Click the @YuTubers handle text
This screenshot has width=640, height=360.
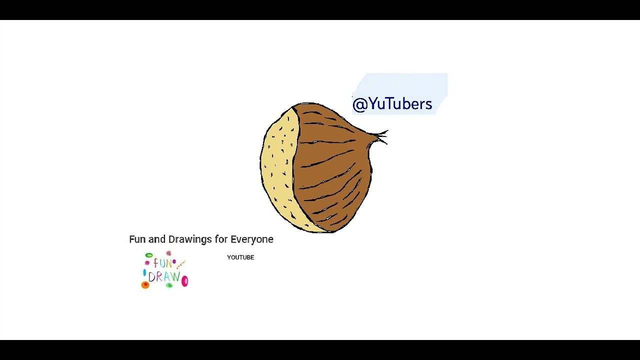click(x=392, y=104)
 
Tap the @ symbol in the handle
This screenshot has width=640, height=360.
click(x=359, y=104)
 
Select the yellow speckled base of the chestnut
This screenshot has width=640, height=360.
click(x=277, y=165)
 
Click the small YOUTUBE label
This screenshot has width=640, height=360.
click(x=240, y=257)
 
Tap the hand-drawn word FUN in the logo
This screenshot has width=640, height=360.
click(x=162, y=263)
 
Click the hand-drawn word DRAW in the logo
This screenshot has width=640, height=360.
click(x=163, y=276)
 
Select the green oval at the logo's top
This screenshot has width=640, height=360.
click(x=149, y=255)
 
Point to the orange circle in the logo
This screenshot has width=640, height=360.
click(x=145, y=285)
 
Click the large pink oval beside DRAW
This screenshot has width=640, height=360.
click(x=184, y=281)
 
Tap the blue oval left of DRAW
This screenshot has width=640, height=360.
click(x=144, y=273)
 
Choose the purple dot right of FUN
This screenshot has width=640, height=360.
click(x=174, y=261)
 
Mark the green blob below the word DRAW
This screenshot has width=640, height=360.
click(x=169, y=285)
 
